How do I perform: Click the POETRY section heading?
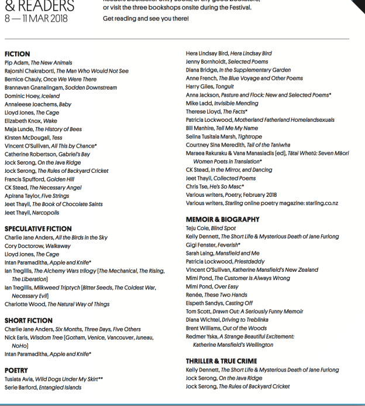click(x=17, y=370)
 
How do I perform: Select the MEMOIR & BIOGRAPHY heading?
click(x=222, y=219)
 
